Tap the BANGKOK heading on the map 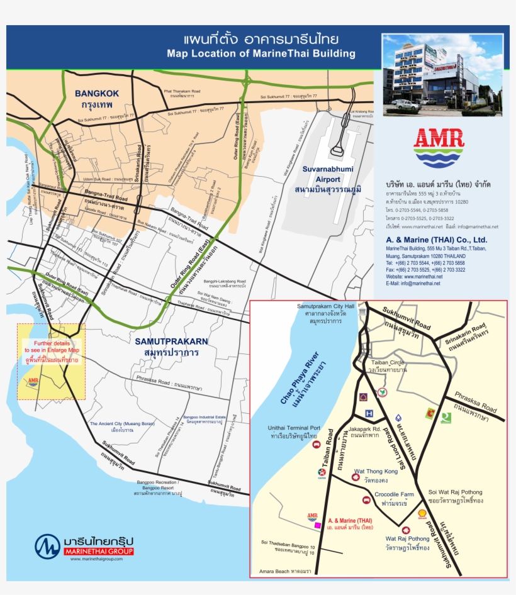tap(97, 94)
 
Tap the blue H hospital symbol tap(369, 414)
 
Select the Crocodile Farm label tap(394, 494)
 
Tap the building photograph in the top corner tap(442, 74)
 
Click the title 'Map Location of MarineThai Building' tap(261, 53)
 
